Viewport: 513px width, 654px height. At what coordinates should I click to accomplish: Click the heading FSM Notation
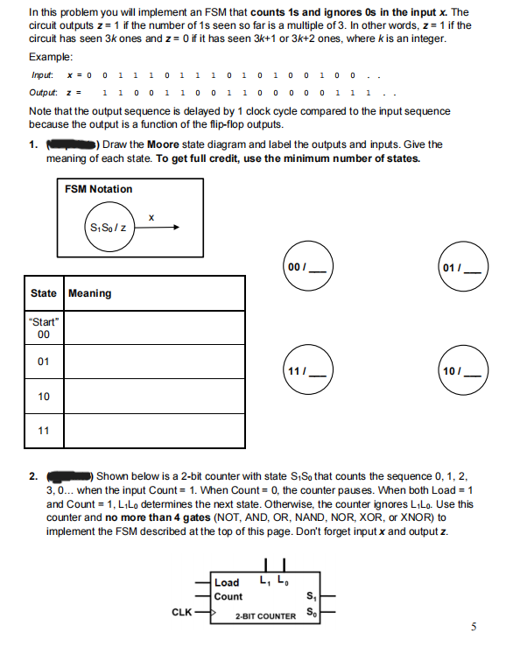(x=98, y=189)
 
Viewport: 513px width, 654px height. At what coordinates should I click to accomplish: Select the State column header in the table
(x=44, y=293)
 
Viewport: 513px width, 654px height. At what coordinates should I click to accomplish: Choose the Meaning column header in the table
(x=89, y=293)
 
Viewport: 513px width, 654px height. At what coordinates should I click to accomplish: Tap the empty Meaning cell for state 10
(x=155, y=397)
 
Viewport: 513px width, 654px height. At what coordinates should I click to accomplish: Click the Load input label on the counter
(x=227, y=582)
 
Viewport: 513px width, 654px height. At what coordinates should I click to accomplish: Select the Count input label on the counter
(x=229, y=596)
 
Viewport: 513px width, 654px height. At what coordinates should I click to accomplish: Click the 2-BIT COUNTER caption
(x=266, y=616)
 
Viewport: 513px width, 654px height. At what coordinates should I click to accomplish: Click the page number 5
(x=474, y=626)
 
